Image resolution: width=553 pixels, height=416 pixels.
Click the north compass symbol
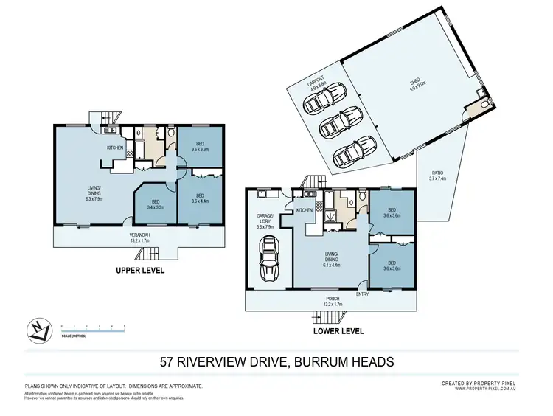pos(38,330)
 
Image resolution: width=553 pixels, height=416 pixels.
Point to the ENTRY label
pos(363,294)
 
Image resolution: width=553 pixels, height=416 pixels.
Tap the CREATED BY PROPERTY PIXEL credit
pos(479,384)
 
